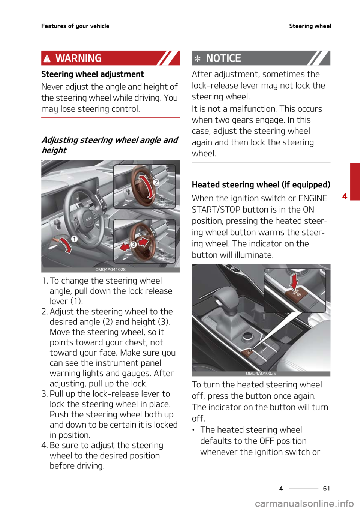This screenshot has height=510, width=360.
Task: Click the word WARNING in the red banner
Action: click(x=78, y=58)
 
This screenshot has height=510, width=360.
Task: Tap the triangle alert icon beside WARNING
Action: click(x=47, y=58)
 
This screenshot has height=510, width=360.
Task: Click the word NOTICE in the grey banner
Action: click(x=223, y=58)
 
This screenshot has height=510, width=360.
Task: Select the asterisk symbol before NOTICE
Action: click(x=197, y=59)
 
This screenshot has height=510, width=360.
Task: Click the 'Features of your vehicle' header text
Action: click(x=75, y=26)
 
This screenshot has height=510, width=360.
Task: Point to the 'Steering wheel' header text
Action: click(x=310, y=26)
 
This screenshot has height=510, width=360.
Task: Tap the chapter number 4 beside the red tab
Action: click(x=345, y=196)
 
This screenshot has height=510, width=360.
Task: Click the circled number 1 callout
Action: click(x=74, y=239)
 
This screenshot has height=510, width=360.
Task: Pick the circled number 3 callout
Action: click(x=133, y=244)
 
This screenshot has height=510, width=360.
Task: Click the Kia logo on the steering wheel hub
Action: click(x=89, y=219)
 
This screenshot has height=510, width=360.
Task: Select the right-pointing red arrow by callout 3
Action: click(x=144, y=242)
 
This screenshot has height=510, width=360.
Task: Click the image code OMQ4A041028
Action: click(x=110, y=270)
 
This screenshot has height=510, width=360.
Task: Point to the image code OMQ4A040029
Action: click(x=261, y=373)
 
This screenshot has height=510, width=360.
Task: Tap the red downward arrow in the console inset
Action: click(x=294, y=281)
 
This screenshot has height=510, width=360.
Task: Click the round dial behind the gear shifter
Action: click(x=247, y=336)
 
